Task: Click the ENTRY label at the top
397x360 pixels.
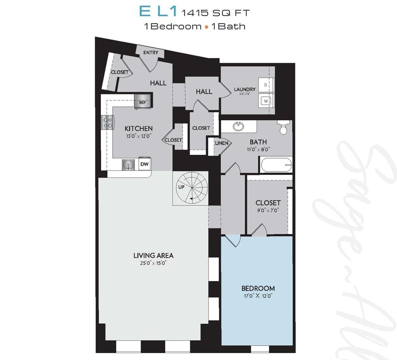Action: [151, 52]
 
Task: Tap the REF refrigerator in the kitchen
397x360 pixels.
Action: [142, 102]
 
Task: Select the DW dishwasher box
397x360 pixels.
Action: [145, 164]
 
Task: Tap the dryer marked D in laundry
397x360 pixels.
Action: [266, 85]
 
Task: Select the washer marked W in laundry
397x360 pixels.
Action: [266, 101]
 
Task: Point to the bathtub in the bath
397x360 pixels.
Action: [276, 165]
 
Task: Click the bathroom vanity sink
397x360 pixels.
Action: [238, 127]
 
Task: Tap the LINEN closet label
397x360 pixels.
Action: [221, 143]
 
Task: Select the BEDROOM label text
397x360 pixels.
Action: [258, 288]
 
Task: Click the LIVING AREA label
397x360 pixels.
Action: [153, 255]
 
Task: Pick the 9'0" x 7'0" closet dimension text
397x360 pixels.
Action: [268, 210]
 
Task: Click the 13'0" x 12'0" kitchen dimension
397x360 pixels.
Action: [138, 136]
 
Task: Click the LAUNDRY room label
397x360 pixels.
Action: [245, 89]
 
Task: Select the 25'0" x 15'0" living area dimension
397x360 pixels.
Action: [153, 263]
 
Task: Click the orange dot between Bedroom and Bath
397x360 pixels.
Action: [207, 26]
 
